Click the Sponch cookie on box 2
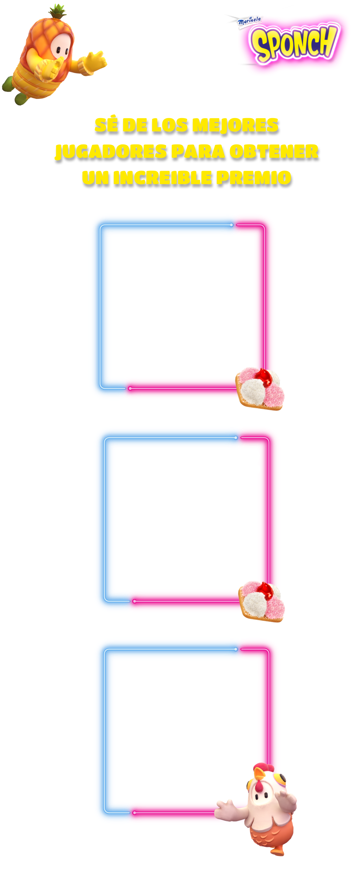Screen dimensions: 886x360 tap(262, 600)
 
